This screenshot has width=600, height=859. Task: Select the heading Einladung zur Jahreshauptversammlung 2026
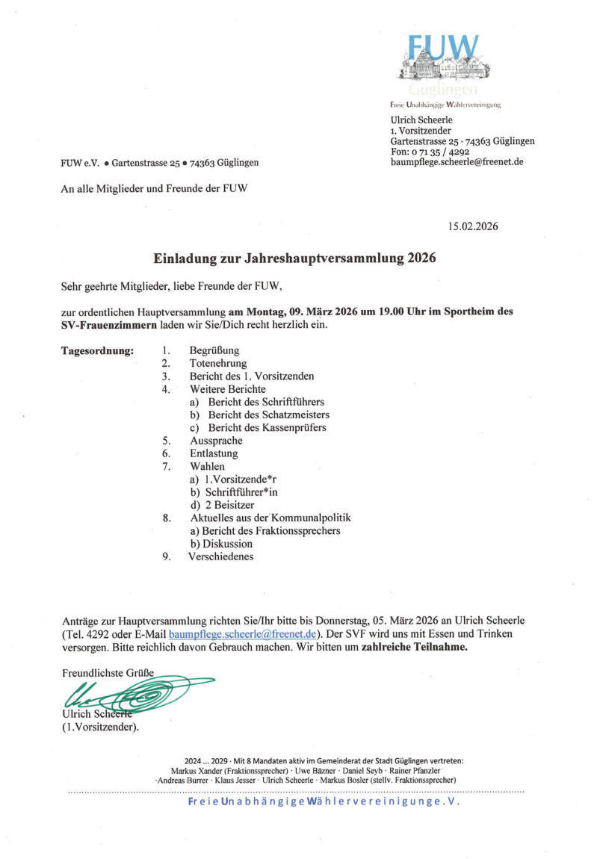[x=294, y=259]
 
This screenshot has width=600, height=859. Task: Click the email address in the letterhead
[x=457, y=162]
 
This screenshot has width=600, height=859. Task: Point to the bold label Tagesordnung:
[x=97, y=350]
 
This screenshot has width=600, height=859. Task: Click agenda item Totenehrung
[x=218, y=363]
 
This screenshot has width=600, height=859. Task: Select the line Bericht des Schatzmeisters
[x=268, y=415]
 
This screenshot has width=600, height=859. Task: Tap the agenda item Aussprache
[x=216, y=441]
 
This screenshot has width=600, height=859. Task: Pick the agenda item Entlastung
[x=214, y=453]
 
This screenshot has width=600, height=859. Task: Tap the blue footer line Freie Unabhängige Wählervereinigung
[x=324, y=801]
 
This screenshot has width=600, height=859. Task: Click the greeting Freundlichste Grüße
[x=108, y=673]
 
